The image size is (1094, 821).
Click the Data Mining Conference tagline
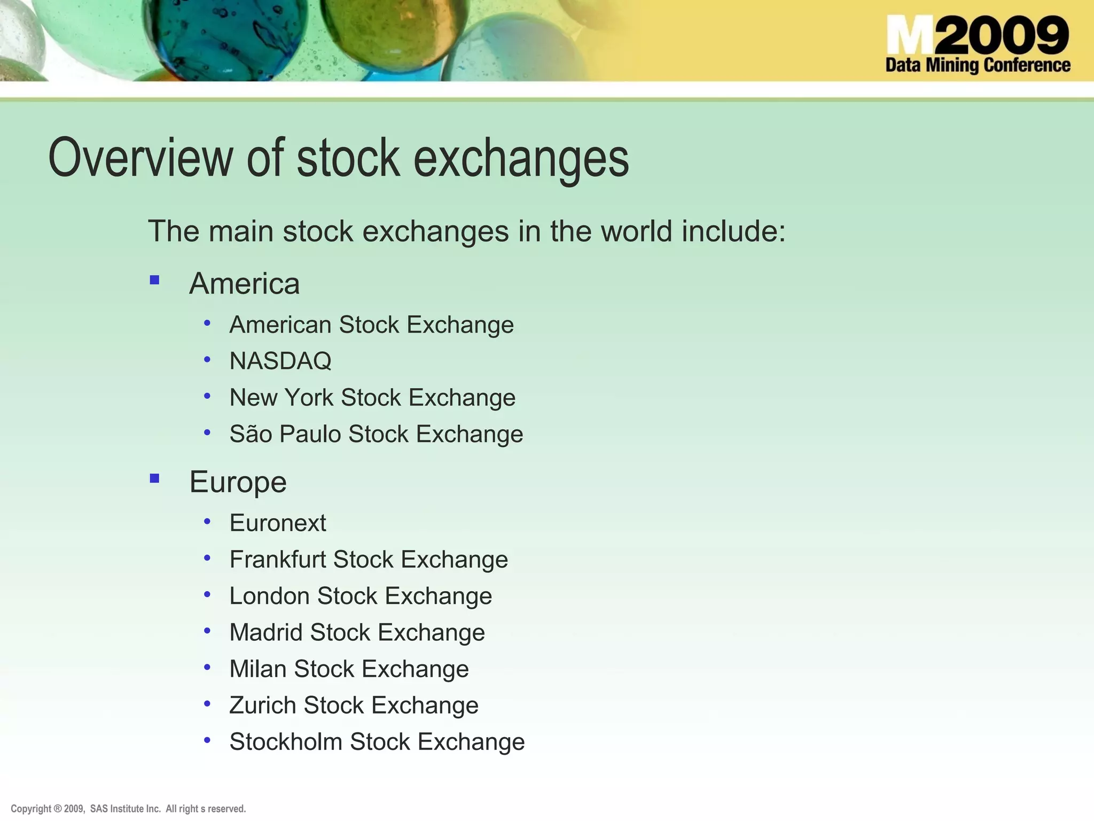pyautogui.click(x=978, y=65)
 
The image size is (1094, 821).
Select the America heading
pyautogui.click(x=244, y=283)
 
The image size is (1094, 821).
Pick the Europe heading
pyautogui.click(x=238, y=482)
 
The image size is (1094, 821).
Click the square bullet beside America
pyautogui.click(x=155, y=280)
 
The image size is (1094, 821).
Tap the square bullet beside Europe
pyautogui.click(x=155, y=478)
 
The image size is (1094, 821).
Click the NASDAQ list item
pyautogui.click(x=280, y=361)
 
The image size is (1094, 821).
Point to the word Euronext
pyautogui.click(x=278, y=523)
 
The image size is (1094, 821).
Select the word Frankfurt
pyautogui.click(x=278, y=560)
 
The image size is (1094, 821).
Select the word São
pyautogui.click(x=251, y=433)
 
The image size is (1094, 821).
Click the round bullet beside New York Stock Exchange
pyautogui.click(x=207, y=396)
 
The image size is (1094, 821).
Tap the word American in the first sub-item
pyautogui.click(x=281, y=324)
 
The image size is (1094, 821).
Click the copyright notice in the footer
pyautogui.click(x=128, y=809)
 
